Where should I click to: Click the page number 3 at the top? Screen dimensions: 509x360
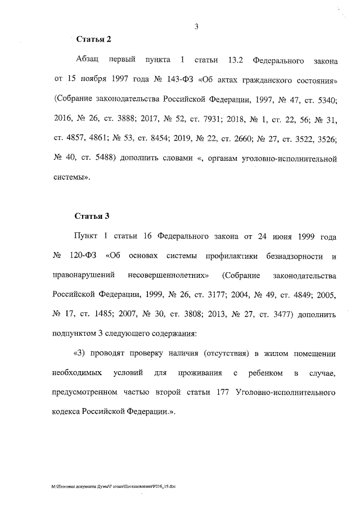coord(197,25)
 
